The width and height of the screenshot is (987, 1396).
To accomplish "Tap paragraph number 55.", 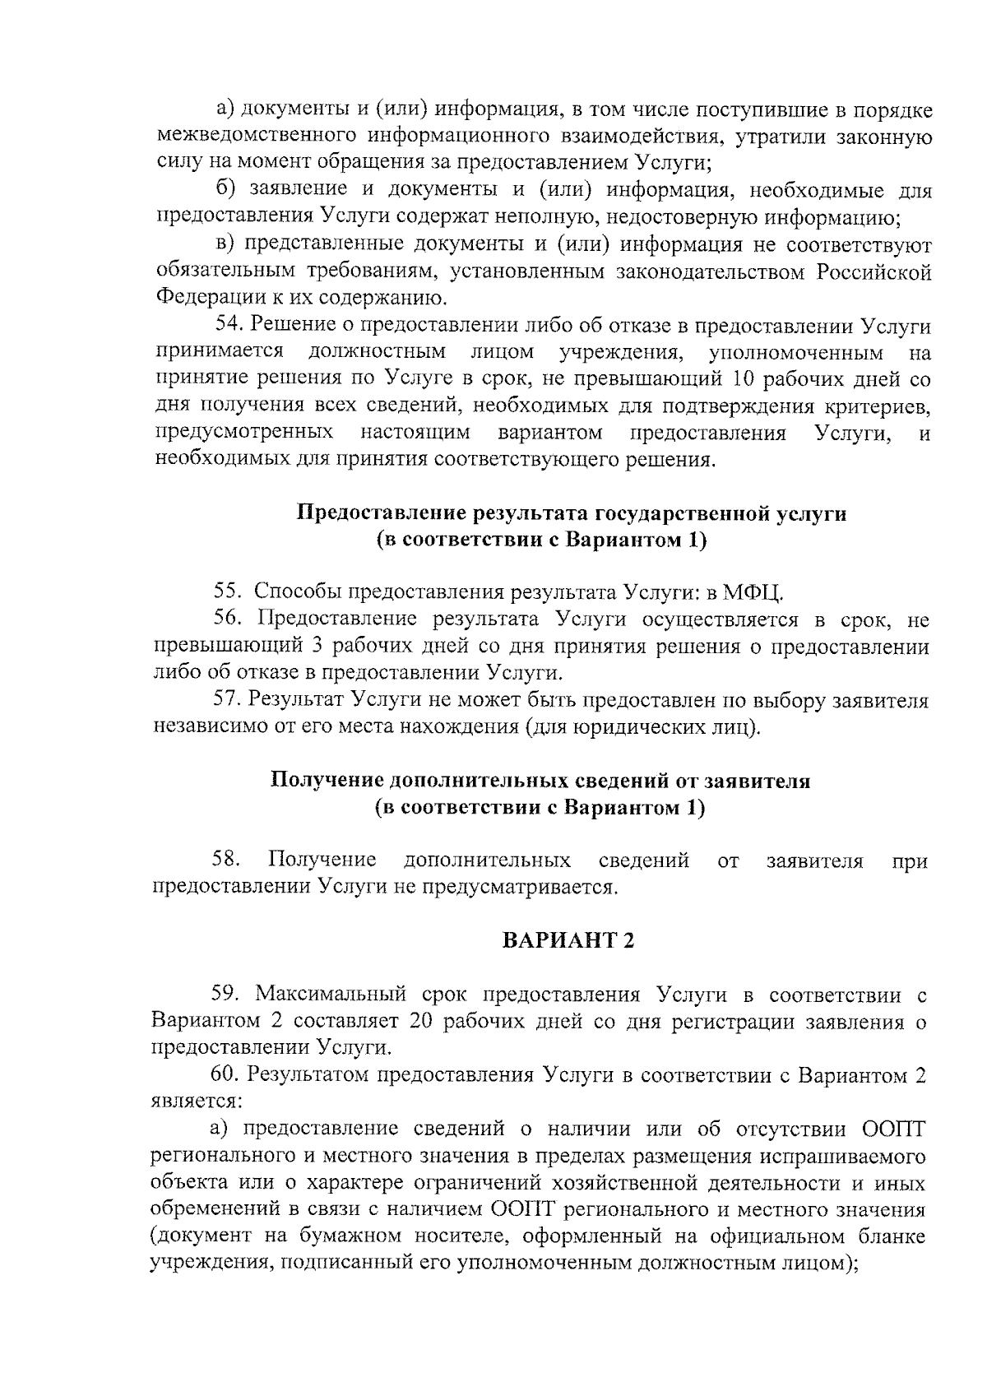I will click(x=227, y=591).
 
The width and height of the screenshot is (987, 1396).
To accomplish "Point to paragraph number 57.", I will click(x=227, y=700).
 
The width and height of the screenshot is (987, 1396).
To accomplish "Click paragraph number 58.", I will click(x=226, y=860).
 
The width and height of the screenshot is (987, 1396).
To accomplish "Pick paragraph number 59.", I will click(x=226, y=995).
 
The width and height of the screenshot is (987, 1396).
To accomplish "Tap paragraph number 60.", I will click(x=227, y=1075).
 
